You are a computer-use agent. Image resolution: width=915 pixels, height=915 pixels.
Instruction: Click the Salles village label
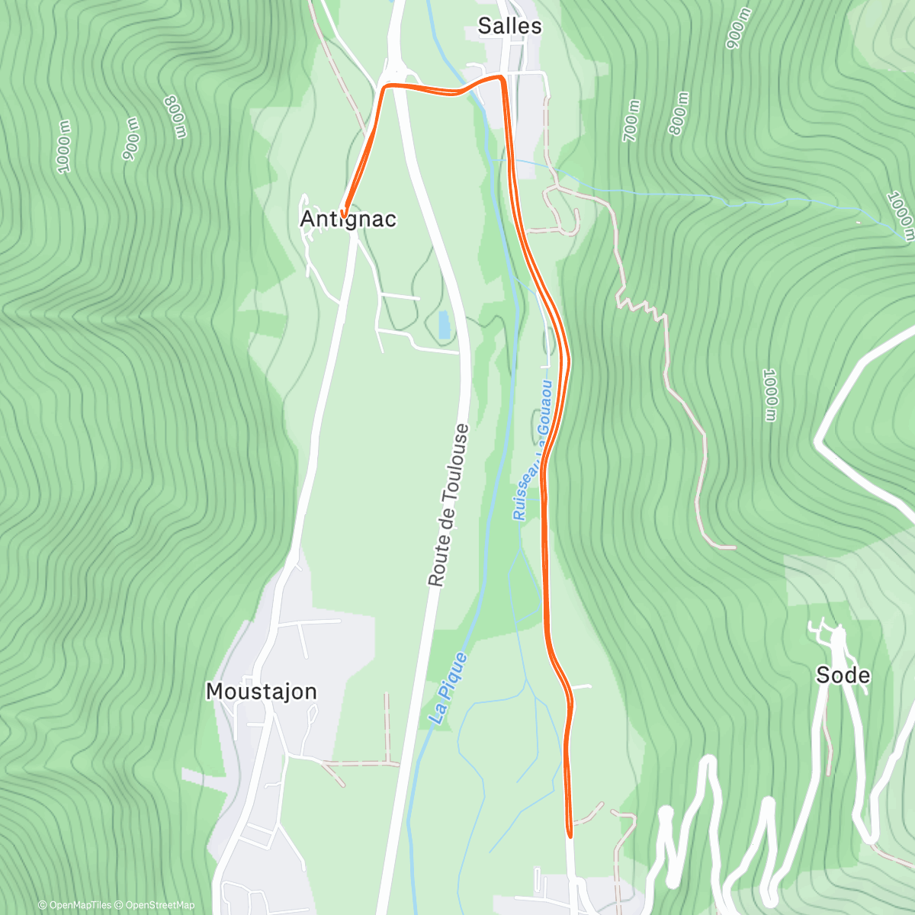509,26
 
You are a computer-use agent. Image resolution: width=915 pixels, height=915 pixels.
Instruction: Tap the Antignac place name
348,220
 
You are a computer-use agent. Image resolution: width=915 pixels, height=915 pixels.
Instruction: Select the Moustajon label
261,692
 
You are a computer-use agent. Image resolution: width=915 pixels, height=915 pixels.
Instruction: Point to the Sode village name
843,675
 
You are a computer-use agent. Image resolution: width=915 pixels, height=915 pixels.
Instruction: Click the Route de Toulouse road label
448,505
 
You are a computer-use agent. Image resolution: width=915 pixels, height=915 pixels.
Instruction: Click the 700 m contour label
632,120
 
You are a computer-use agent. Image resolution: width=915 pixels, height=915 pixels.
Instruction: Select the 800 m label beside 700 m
679,114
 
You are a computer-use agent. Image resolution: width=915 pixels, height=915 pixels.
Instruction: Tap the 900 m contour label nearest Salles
738,29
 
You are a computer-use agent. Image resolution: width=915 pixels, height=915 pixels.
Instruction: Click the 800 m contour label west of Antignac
175,117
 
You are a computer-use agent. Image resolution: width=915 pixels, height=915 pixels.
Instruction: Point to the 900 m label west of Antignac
131,138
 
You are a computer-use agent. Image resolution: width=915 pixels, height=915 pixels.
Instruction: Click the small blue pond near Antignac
443,325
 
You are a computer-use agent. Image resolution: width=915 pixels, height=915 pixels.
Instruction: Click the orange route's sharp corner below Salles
502,78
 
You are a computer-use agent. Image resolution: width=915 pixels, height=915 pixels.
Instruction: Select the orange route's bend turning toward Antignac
384,88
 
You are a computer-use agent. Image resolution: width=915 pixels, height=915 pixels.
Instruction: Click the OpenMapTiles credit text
75,905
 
